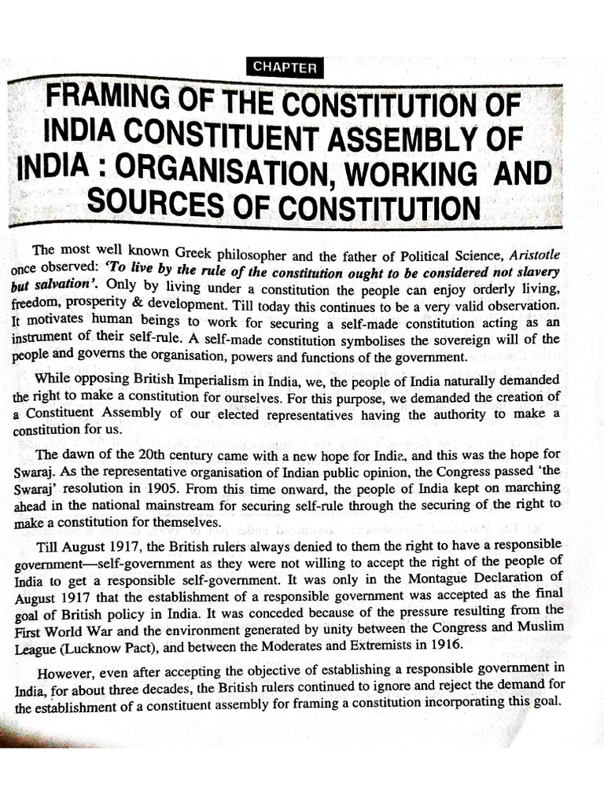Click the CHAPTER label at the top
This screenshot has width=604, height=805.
coord(285,68)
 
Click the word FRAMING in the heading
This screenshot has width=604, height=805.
coord(108,104)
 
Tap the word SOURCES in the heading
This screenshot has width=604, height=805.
coord(149,205)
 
